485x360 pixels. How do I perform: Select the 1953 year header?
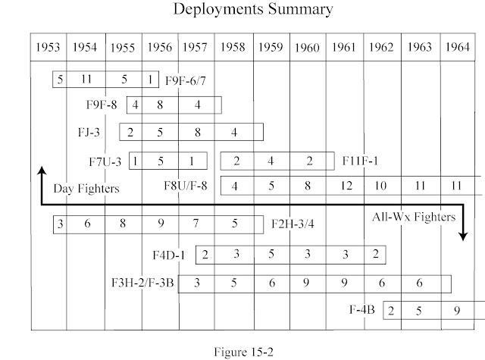[48, 47]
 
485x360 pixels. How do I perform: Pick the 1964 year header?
[458, 47]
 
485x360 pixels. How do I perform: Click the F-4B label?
[367, 309]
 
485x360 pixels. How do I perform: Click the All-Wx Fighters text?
[413, 217]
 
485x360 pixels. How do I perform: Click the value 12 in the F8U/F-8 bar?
[346, 186]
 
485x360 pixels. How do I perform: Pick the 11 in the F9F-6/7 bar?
[86, 78]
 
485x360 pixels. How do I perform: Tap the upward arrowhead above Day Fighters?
[41, 171]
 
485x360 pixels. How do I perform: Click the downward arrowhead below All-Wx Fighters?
[462, 236]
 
